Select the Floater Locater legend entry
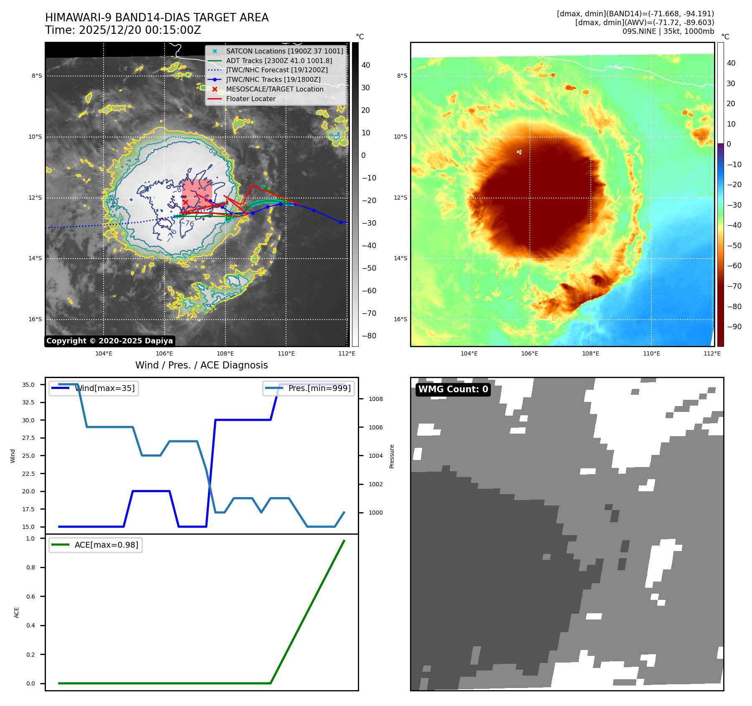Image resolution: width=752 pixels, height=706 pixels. point(251,99)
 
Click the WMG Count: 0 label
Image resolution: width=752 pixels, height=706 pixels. point(453,389)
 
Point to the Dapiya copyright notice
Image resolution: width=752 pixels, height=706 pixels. point(109,341)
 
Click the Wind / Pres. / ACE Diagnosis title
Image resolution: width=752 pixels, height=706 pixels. point(201,365)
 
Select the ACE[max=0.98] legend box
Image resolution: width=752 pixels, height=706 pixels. point(96,545)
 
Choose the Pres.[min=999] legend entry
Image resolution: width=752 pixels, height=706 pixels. point(309,388)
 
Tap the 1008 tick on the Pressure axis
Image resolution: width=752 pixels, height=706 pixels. point(375,399)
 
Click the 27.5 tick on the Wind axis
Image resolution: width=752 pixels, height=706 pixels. point(28,438)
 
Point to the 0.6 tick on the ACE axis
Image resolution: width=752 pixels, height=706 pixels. point(30,597)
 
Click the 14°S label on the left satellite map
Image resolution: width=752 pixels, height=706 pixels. point(35,259)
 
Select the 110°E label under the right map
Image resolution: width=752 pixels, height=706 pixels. point(651,353)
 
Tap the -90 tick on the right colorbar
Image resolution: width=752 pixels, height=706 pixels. point(734,327)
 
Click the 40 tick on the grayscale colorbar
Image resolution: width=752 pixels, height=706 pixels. point(366,65)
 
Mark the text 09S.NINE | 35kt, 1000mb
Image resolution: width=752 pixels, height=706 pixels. point(668,31)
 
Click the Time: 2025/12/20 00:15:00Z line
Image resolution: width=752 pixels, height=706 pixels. point(123,30)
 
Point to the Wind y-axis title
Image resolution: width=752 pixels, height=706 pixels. point(13,456)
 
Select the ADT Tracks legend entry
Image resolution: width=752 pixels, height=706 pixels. point(279,61)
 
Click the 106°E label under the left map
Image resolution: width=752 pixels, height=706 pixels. point(165,353)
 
